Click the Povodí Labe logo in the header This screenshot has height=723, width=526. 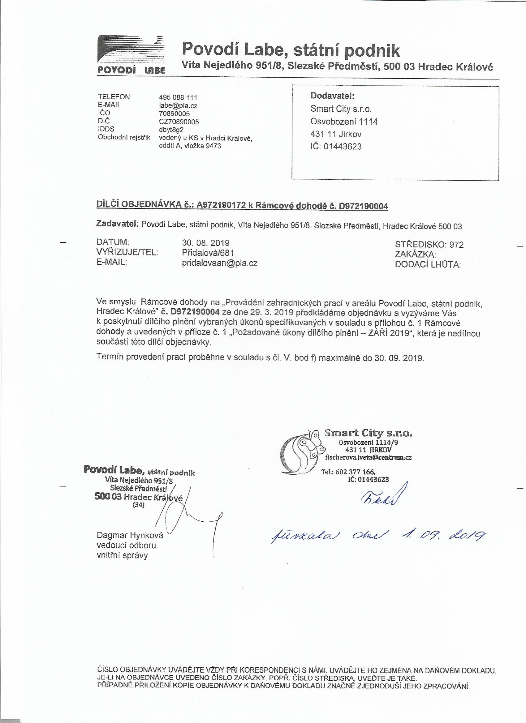[x=131, y=54]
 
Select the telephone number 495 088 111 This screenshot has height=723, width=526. [x=178, y=97]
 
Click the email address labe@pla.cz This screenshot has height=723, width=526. [x=176, y=105]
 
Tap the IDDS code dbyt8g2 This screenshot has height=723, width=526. [x=171, y=130]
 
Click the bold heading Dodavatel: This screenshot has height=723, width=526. [x=333, y=96]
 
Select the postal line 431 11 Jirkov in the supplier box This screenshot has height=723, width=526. [x=336, y=134]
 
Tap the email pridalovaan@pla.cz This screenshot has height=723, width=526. [x=219, y=263]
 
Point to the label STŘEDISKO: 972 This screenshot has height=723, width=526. [x=429, y=245]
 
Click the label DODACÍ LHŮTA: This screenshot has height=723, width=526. [x=428, y=264]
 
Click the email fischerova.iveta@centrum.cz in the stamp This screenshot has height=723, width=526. [x=368, y=457]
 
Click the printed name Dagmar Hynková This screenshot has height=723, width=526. [x=130, y=535]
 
